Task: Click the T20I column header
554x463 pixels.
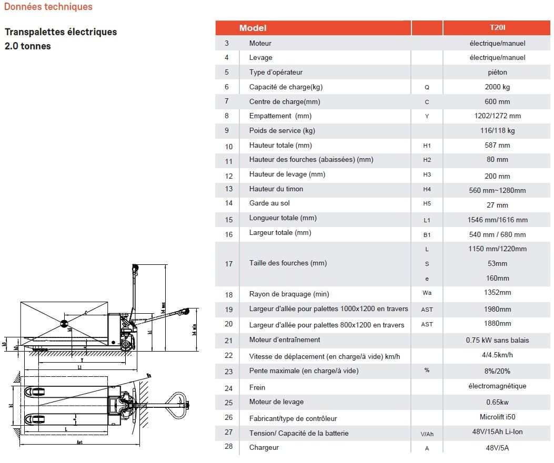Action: click(497, 27)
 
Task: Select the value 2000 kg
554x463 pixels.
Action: click(497, 87)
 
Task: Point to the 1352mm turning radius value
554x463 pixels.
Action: click(497, 293)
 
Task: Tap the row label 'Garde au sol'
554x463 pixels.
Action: click(269, 203)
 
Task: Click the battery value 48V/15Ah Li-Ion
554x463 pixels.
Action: click(497, 432)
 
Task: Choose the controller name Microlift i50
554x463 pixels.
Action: click(497, 417)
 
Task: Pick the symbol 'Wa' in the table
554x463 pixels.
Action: click(427, 293)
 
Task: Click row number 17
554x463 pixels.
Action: click(228, 264)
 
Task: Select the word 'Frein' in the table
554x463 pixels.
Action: click(257, 387)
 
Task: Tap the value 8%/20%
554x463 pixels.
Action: click(497, 371)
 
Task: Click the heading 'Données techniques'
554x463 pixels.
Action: click(48, 7)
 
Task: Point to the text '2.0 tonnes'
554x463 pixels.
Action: click(28, 46)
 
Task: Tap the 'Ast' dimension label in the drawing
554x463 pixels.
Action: click(79, 443)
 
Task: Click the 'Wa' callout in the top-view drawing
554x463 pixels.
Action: click(149, 375)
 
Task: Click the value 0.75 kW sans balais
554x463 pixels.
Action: click(497, 340)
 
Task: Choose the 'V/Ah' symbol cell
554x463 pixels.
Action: click(427, 434)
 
